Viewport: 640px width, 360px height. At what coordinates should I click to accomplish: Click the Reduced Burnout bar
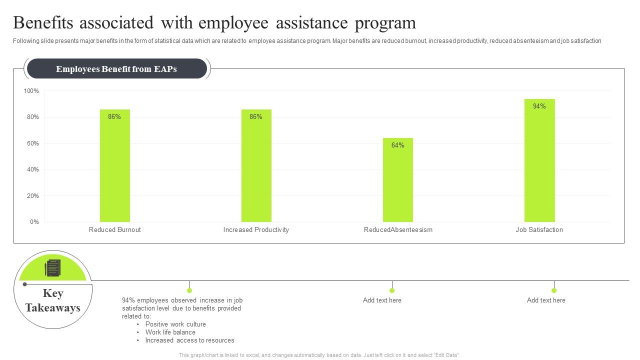pos(114,170)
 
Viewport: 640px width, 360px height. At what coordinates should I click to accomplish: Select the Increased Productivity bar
pos(256,170)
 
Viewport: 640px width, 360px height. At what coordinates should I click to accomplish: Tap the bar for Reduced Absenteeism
pos(398,185)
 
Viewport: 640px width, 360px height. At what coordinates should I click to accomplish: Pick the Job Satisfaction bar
pos(539,165)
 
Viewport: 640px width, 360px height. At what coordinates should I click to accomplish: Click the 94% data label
pos(539,106)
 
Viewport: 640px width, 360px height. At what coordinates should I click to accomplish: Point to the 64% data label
pos(398,145)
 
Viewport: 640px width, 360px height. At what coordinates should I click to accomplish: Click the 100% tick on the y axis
pos(31,91)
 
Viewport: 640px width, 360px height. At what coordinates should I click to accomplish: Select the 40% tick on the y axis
pos(32,169)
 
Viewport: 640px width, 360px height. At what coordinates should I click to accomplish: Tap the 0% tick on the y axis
pos(34,222)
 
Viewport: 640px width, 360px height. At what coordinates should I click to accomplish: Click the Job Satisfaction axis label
pos(539,230)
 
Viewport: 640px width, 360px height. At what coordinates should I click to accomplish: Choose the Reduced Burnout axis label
pos(114,230)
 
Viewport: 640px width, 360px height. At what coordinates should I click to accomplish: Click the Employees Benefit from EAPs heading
pos(116,69)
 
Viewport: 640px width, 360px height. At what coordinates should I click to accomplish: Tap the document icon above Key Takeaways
pos(52,268)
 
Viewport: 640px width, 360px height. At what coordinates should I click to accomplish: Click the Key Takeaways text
pos(53,300)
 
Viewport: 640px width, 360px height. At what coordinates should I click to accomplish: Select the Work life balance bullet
pos(170,332)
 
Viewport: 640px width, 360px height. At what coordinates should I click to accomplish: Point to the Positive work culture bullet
pos(175,324)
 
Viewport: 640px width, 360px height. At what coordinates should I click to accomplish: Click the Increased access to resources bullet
pos(189,340)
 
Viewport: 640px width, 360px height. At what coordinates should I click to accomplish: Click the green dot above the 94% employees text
pos(189,290)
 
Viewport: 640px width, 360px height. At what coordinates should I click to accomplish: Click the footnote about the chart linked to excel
pos(319,355)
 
